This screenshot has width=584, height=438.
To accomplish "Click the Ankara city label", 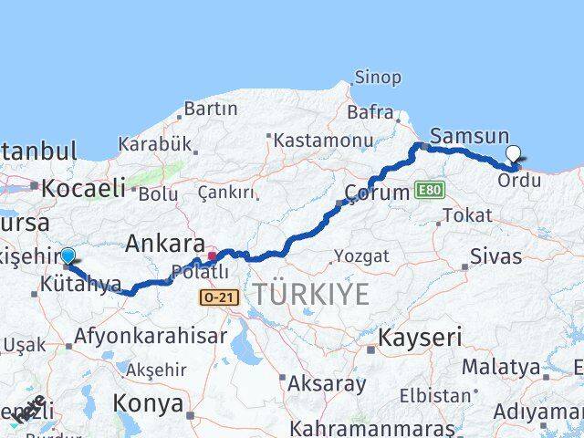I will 164,244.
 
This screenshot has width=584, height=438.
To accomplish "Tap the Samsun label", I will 463,135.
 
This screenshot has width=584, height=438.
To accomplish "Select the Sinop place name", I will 377,78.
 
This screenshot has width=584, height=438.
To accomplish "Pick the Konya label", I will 147,403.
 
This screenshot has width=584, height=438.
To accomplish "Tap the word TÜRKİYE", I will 311,294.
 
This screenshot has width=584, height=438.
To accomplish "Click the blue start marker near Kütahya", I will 68,256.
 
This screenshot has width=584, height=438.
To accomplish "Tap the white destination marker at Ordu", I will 513,155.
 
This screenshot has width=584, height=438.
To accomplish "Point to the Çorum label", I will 376,193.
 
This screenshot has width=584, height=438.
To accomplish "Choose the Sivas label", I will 496,255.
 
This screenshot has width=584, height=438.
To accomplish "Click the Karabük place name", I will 154,144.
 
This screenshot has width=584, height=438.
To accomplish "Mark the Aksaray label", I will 326,384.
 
